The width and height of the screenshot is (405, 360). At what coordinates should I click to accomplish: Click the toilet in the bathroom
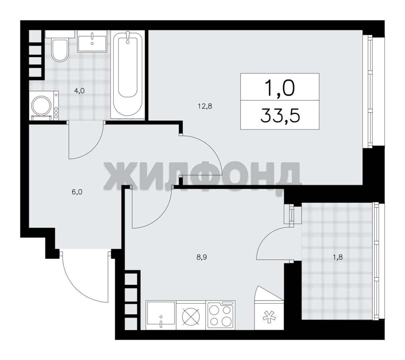(60, 46)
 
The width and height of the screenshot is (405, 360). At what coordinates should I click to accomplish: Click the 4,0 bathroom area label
(79, 91)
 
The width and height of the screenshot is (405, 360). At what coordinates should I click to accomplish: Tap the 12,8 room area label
(205, 106)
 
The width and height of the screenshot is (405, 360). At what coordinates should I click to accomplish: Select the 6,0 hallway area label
(77, 192)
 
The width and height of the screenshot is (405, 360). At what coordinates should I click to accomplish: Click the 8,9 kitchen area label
(202, 257)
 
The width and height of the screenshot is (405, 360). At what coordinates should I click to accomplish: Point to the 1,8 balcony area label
(338, 257)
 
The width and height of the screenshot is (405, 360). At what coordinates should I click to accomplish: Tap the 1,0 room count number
(280, 88)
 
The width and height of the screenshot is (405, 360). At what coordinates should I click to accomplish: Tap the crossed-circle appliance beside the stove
(191, 316)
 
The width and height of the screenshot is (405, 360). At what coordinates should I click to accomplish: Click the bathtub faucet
(128, 37)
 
